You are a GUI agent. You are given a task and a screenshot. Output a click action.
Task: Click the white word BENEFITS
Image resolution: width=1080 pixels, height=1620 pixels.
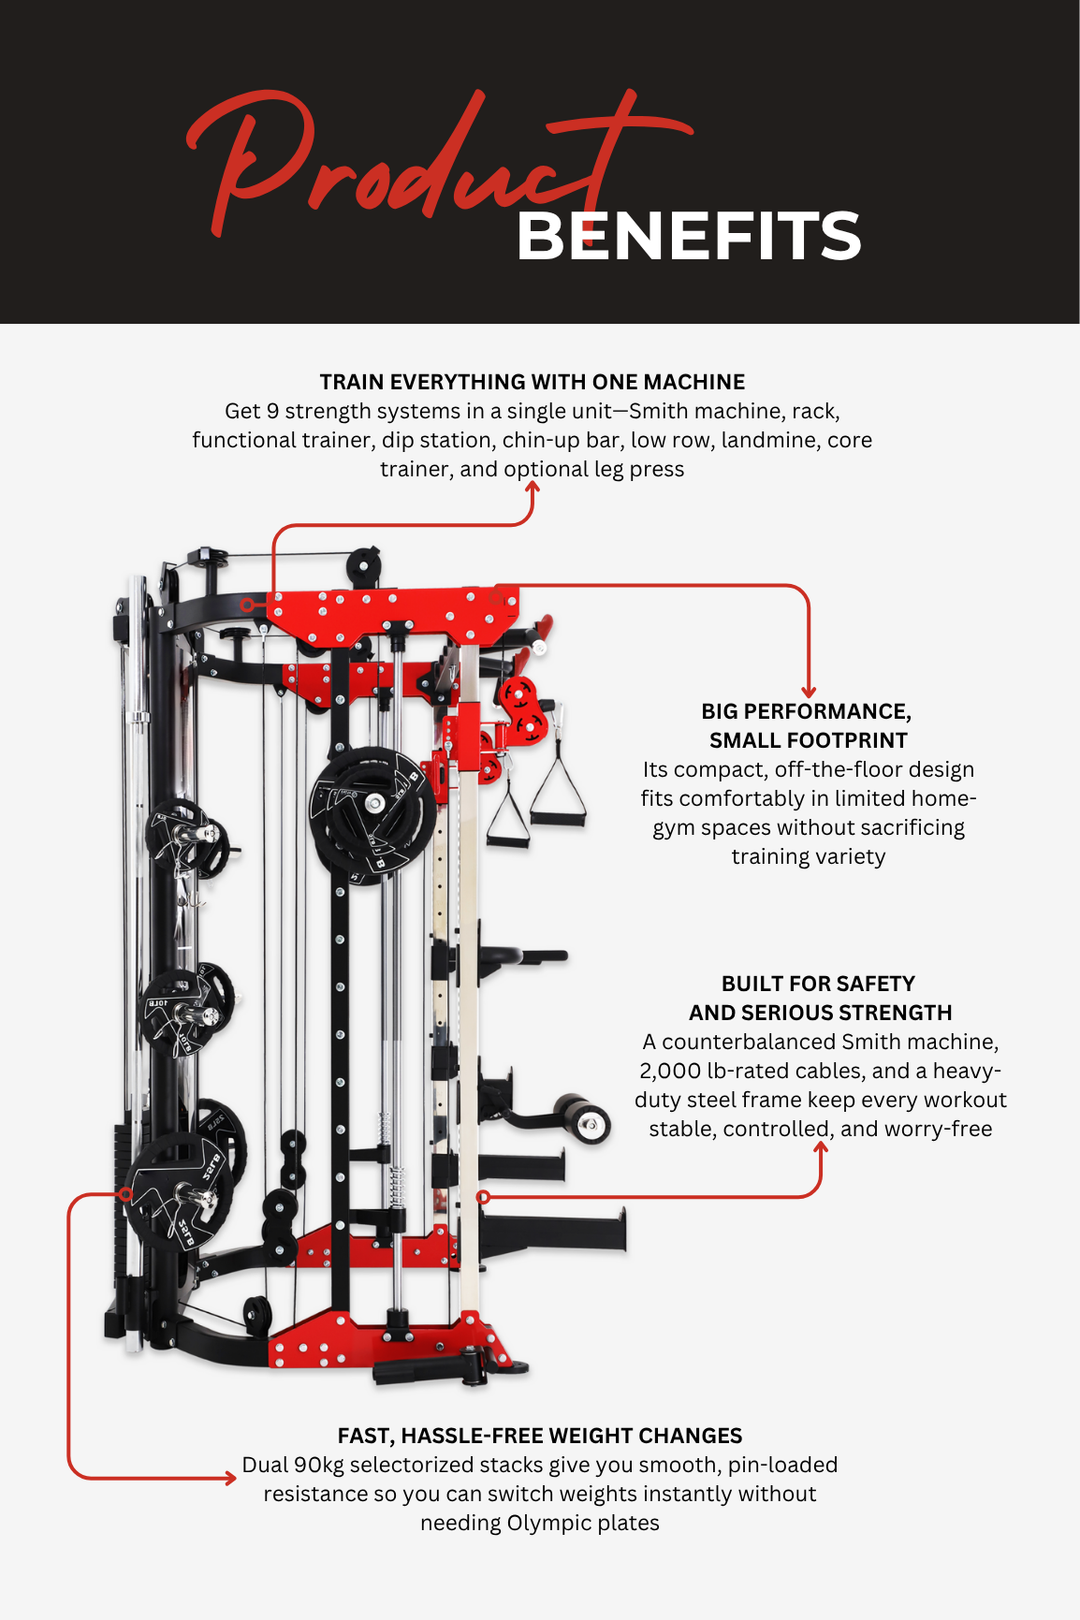click(x=688, y=237)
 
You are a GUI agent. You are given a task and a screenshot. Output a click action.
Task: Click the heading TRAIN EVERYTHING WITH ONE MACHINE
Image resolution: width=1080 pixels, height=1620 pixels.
click(x=532, y=382)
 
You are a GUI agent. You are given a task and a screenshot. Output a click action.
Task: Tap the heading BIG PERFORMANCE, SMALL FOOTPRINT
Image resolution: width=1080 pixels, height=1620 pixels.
click(x=807, y=726)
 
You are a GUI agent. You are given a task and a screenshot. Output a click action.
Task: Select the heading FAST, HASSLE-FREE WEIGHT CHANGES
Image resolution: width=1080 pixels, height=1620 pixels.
click(x=540, y=1436)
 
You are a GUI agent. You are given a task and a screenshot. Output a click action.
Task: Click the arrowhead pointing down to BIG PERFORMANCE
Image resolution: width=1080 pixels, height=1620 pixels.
click(x=808, y=692)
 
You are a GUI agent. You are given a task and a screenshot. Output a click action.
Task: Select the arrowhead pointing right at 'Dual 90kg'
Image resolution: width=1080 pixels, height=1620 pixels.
click(x=230, y=1478)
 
